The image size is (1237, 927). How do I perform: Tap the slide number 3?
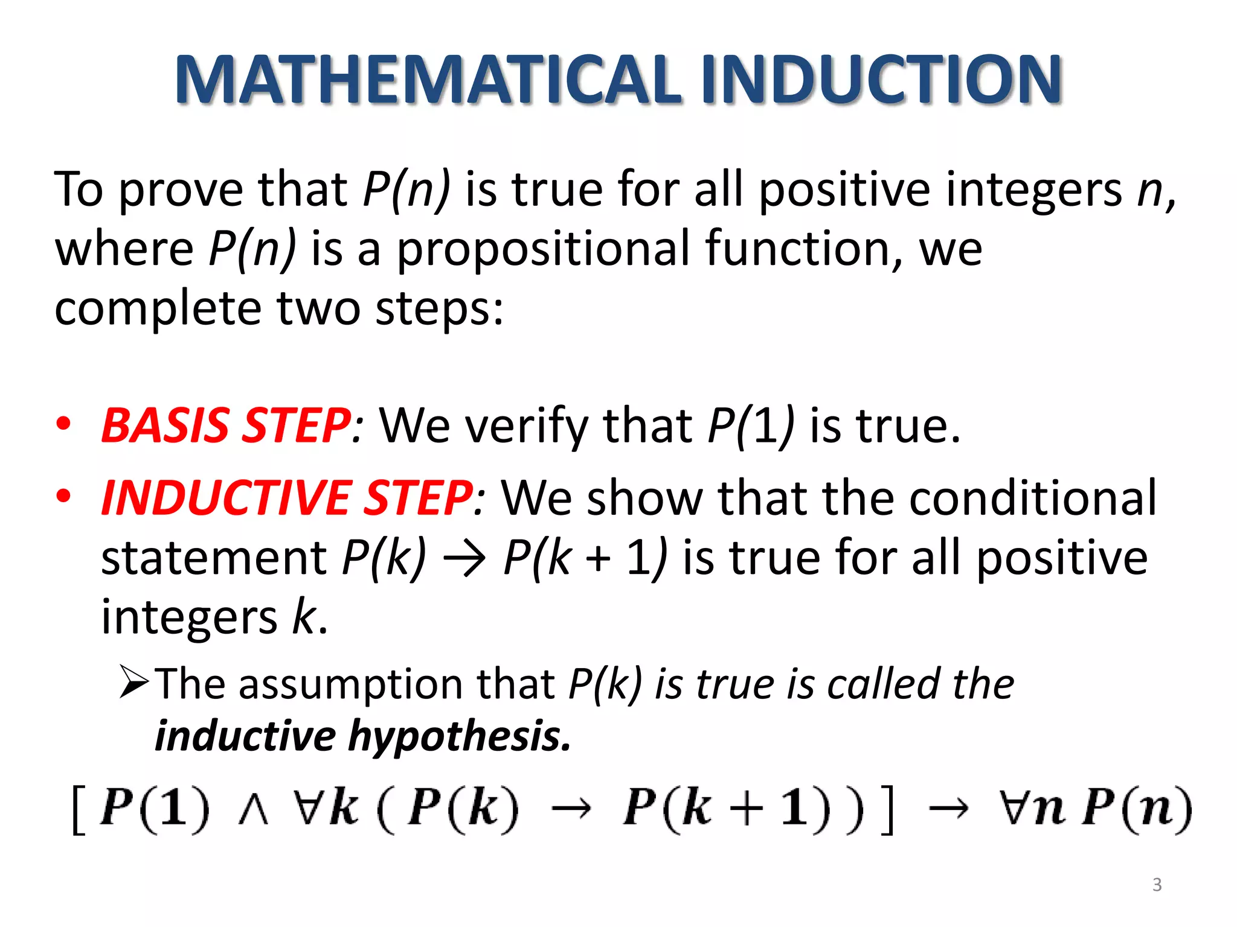1157,884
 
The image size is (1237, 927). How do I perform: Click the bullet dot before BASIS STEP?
63,424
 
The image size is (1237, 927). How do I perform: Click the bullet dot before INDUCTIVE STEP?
63,497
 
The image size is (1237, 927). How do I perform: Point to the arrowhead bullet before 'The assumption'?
133,682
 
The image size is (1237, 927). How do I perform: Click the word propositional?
542,249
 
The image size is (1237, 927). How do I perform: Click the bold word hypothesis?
459,736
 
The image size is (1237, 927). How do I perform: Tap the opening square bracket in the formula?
79,809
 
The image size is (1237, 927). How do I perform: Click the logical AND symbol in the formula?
253,811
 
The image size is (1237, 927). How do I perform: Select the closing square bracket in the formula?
886,809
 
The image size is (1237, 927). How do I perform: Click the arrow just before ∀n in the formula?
948,809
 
